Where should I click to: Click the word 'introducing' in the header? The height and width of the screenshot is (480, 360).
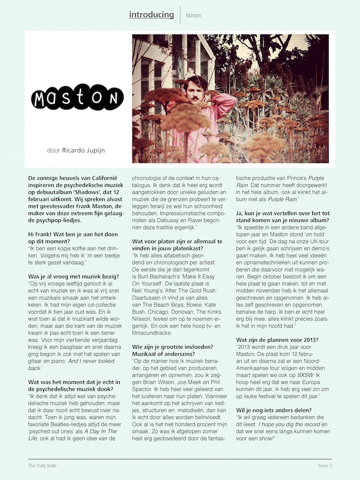click(152, 14)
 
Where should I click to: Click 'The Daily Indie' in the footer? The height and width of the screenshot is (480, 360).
click(43, 466)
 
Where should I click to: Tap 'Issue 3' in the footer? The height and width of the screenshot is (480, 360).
click(325, 466)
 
